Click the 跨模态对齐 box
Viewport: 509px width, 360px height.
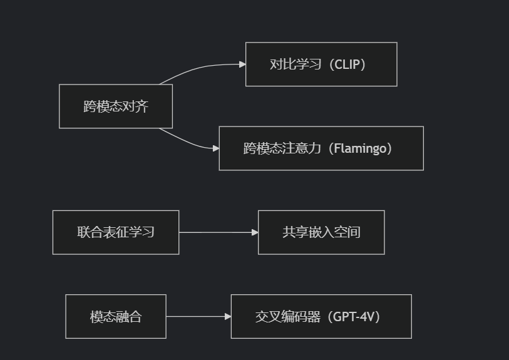coord(116,106)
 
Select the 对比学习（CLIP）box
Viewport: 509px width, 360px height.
coord(321,64)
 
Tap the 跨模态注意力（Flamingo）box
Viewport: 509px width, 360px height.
coord(321,148)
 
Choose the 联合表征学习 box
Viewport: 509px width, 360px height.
coord(116,232)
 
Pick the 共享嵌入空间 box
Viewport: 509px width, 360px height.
coord(321,232)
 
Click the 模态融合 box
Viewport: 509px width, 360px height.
coord(116,316)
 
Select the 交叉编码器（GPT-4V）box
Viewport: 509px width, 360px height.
coord(321,316)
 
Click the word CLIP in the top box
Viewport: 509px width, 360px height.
coord(349,64)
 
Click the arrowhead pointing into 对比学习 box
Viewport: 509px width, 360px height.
coord(242,64)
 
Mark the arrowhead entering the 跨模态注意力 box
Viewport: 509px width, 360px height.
coord(215,148)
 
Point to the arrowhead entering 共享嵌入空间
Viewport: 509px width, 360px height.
coord(255,232)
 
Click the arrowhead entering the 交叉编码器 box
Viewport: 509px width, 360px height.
coord(228,316)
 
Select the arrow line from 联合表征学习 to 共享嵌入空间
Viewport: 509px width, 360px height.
coord(216,232)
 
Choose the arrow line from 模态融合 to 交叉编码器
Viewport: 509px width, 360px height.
coord(197,316)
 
